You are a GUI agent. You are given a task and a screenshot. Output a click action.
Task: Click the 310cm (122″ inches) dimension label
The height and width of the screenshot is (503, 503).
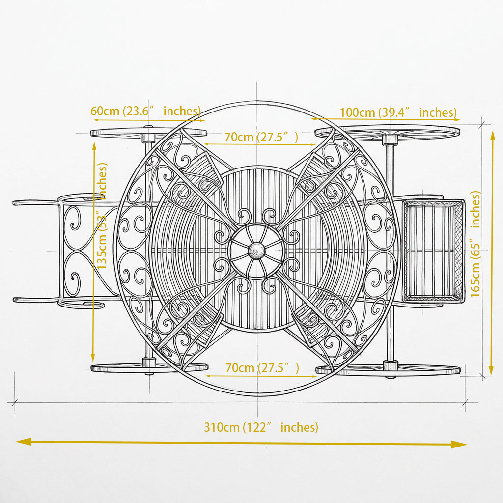tap(261, 427)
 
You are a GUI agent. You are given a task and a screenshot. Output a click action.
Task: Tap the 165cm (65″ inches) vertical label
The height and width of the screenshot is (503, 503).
tap(475, 244)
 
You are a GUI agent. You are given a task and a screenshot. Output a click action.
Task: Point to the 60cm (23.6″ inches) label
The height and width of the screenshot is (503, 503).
tap(145, 111)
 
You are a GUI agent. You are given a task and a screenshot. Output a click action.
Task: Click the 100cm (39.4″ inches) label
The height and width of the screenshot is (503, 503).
tap(398, 112)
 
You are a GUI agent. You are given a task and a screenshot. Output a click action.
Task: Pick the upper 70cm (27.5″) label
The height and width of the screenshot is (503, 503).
tap(261, 137)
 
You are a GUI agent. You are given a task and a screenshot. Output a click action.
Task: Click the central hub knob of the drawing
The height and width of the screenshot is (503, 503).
tap(256, 251)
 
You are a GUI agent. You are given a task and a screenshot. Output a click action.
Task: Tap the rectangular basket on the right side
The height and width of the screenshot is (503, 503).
tap(433, 251)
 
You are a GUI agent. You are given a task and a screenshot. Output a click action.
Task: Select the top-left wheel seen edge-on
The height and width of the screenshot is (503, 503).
tap(148, 133)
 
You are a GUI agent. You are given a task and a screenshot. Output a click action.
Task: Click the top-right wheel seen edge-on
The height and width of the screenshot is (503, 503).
tap(388, 132)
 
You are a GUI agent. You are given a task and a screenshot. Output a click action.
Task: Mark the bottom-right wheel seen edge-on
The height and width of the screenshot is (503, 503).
tap(388, 370)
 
